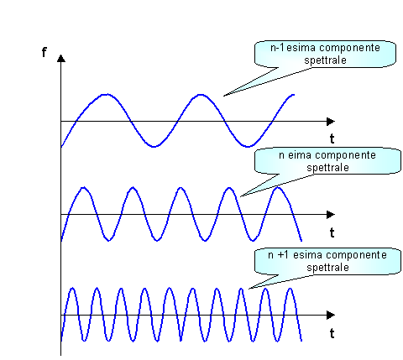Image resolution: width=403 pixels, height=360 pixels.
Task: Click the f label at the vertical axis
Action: coord(44,52)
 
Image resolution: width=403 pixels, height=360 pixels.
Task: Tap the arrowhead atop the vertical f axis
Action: coord(61,58)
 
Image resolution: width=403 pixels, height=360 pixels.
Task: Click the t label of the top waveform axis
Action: coord(332,138)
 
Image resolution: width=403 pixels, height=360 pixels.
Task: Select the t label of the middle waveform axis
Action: coord(332,232)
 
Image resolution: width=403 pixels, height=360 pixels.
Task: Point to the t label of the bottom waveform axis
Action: coord(332,333)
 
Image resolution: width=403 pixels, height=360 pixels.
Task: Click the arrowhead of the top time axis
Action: coord(331,122)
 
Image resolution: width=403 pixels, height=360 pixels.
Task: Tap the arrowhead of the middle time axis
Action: coord(331,215)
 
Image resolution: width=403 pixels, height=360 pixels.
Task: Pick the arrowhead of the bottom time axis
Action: coord(331,315)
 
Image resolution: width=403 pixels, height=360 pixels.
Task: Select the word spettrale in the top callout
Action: coord(325,60)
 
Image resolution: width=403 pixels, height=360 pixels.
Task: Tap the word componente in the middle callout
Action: coord(347,155)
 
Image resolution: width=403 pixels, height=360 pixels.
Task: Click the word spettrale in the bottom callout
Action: coord(327,268)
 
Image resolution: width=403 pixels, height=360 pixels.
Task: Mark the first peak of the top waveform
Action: coord(106,95)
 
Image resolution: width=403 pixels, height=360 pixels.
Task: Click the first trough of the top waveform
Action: coord(154,146)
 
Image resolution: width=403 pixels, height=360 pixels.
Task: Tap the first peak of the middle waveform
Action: coord(83,187)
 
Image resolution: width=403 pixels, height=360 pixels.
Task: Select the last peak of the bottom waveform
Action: coord(290,289)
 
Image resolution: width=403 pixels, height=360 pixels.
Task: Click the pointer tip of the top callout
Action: coord(223,97)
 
